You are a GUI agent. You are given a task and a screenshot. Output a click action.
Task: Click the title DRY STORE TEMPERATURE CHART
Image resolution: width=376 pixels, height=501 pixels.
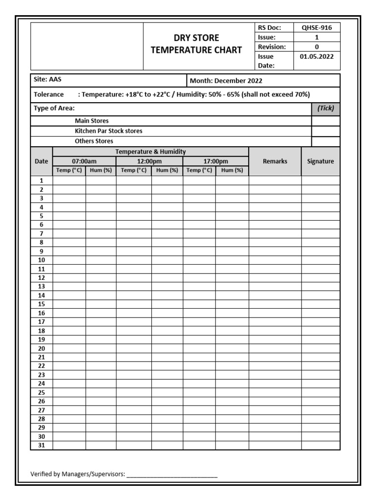[x=196, y=44]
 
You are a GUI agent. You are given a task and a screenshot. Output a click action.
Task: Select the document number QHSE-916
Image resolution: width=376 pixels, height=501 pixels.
[x=316, y=28]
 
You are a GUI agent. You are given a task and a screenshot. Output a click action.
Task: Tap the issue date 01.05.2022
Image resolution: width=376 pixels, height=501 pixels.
[x=316, y=56]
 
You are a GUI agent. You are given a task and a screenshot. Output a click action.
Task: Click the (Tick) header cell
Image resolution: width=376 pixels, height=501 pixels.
[x=326, y=109]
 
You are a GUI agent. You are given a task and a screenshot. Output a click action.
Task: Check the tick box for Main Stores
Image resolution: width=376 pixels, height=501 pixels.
[x=326, y=121]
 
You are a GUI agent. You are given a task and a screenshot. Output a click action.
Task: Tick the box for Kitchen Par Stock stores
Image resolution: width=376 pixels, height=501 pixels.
[x=326, y=131]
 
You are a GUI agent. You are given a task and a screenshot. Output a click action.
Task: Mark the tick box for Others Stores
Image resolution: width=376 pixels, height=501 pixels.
[x=326, y=141]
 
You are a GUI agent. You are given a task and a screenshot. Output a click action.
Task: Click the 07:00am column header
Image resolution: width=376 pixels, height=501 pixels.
[x=84, y=161]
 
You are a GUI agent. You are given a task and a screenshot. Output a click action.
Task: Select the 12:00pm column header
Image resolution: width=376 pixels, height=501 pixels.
[x=149, y=161]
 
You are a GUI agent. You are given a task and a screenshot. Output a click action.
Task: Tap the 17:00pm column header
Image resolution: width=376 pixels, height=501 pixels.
[x=215, y=161]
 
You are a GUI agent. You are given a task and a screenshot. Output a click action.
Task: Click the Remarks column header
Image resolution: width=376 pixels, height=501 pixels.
[x=275, y=161]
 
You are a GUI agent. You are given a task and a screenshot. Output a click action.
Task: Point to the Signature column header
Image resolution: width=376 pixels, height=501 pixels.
[x=320, y=161]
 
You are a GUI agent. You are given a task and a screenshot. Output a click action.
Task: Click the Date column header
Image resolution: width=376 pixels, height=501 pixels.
[x=42, y=161]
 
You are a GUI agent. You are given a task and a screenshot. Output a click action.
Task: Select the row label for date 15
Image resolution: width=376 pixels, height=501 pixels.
[x=42, y=304]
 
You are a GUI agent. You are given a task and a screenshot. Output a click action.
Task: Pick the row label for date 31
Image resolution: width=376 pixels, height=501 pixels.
[x=42, y=445]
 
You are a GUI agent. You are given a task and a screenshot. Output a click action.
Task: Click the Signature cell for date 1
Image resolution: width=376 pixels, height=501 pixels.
[x=320, y=180]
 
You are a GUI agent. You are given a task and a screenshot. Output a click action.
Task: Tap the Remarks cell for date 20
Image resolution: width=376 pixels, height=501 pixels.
[x=275, y=348]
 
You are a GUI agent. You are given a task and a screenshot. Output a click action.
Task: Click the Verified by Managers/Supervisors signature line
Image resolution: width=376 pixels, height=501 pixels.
[x=172, y=474]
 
